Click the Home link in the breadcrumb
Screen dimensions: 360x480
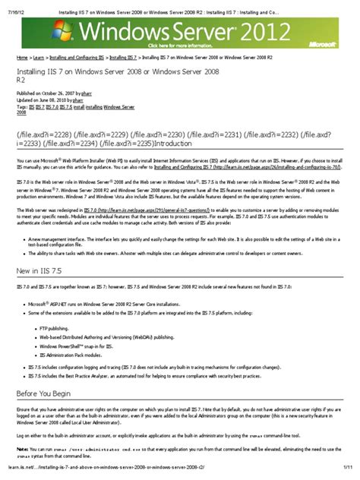22,57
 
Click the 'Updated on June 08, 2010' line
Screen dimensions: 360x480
54,100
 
